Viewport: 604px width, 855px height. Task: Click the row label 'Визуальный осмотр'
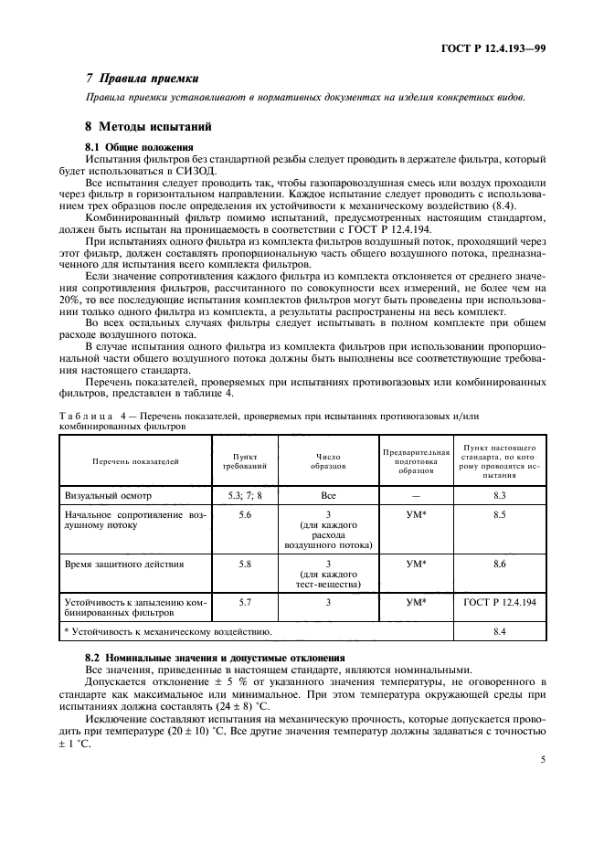pyautogui.click(x=108, y=495)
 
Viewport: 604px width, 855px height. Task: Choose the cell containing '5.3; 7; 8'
pyautogui.click(x=245, y=495)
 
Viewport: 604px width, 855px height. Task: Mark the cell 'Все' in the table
pyautogui.click(x=328, y=495)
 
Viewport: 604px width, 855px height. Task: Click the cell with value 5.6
pyautogui.click(x=245, y=516)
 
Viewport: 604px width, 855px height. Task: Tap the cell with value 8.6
pyautogui.click(x=499, y=565)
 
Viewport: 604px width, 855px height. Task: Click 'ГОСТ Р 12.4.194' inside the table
pyautogui.click(x=499, y=604)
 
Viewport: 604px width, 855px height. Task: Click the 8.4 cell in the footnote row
pyautogui.click(x=499, y=630)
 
